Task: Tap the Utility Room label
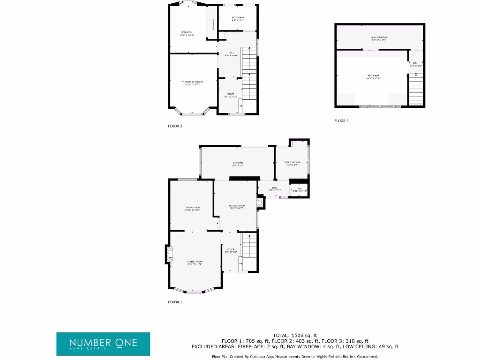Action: click(292, 164)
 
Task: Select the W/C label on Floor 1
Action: click(299, 190)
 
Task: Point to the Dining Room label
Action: click(192, 209)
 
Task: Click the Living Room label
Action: click(195, 262)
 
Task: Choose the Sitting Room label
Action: click(237, 207)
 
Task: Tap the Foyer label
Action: click(231, 251)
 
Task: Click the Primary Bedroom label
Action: click(192, 83)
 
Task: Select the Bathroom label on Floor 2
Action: click(238, 19)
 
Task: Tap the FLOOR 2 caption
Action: click(175, 126)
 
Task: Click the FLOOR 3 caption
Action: click(341, 121)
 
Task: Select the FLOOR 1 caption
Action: click(175, 302)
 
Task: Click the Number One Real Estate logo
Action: click(103, 344)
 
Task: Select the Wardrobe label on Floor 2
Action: click(213, 23)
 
